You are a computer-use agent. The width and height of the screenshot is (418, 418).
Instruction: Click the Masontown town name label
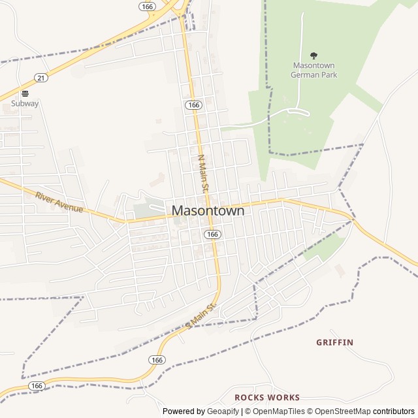pyautogui.click(x=208, y=211)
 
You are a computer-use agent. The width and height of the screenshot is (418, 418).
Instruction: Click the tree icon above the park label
pyautogui.click(x=313, y=56)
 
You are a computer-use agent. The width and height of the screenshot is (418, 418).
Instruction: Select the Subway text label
pyautogui.click(x=25, y=103)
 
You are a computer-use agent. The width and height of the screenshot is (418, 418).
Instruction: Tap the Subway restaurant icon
pyautogui.click(x=25, y=93)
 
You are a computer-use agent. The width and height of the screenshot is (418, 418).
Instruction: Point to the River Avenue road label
pyautogui.click(x=59, y=202)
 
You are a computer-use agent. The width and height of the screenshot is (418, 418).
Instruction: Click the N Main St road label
pyautogui.click(x=203, y=173)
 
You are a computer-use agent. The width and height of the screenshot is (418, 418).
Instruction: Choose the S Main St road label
pyautogui.click(x=201, y=316)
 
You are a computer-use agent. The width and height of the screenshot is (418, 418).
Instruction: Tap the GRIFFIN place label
pyautogui.click(x=334, y=342)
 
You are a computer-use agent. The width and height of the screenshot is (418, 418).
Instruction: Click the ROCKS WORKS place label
pyautogui.click(x=267, y=397)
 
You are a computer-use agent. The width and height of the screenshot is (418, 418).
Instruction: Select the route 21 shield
pyautogui.click(x=41, y=78)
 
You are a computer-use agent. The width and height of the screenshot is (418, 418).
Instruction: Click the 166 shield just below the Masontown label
pyautogui.click(x=212, y=234)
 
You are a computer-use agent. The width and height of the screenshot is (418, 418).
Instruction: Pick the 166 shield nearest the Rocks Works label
pyautogui.click(x=156, y=360)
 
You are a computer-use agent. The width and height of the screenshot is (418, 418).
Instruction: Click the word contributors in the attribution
pyautogui.click(x=394, y=411)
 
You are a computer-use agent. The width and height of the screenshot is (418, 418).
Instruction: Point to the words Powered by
pyautogui.click(x=182, y=411)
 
